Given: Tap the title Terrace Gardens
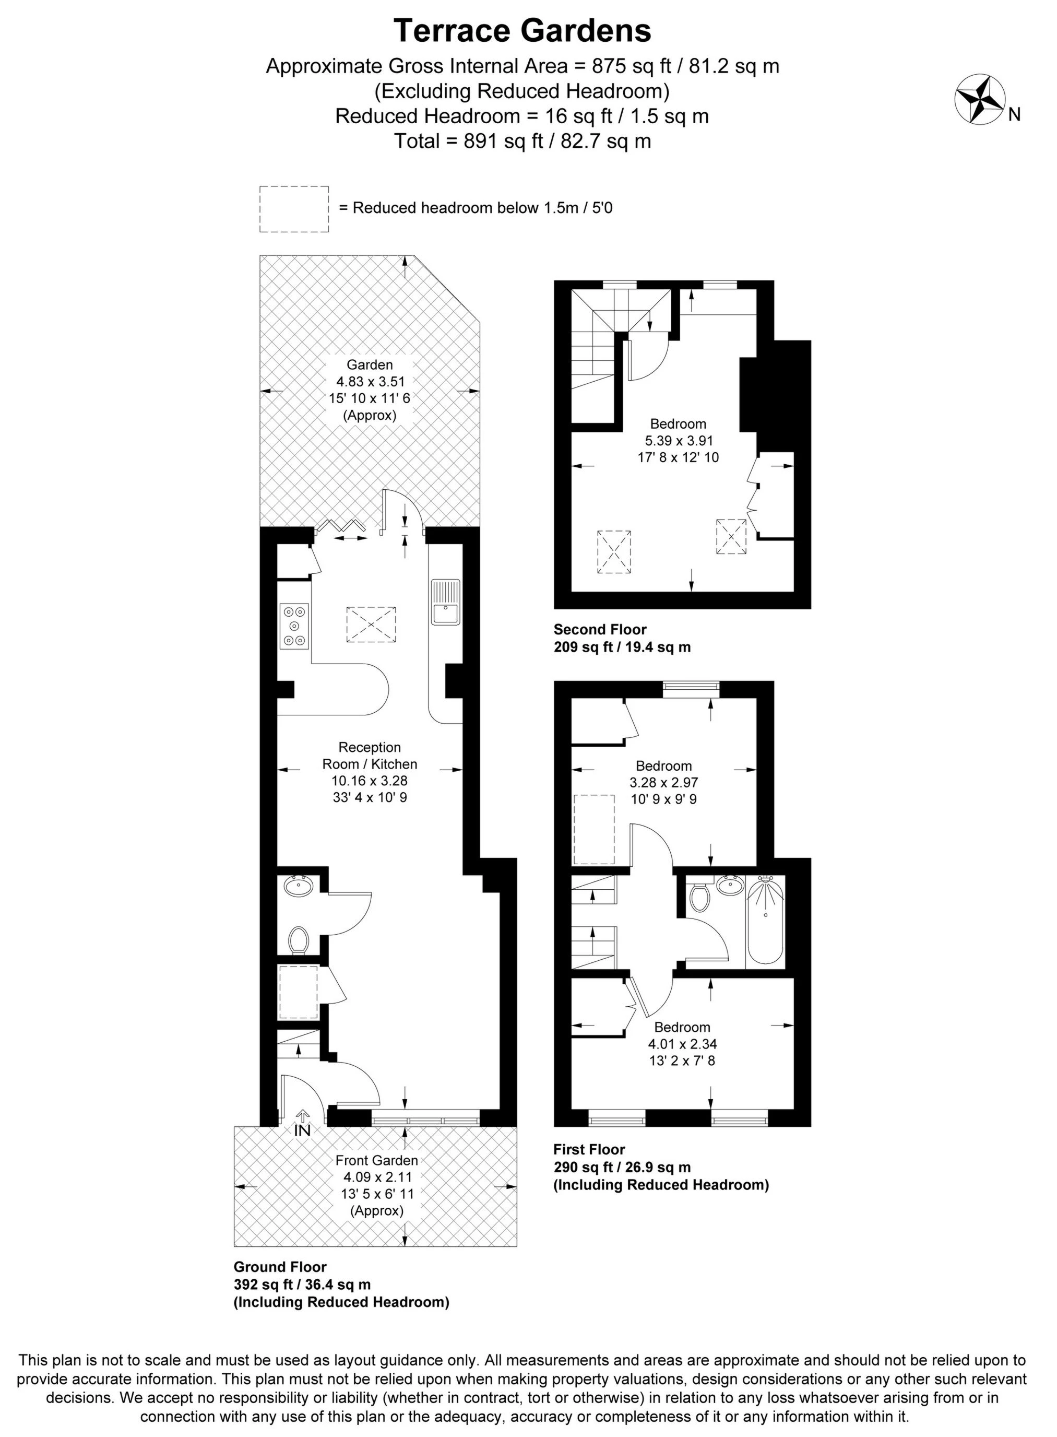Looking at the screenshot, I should coord(522,31).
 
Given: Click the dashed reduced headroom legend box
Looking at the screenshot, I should coord(294,209).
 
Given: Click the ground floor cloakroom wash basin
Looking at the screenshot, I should coord(298,887).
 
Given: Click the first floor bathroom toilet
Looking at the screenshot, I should coord(700,898).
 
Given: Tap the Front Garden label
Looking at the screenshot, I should coord(377,1160).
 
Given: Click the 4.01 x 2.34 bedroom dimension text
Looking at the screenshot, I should coord(682,1043).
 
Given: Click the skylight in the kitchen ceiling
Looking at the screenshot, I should coord(371,625).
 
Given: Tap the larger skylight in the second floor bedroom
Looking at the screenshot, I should coord(614,552).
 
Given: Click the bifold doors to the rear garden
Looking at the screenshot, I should coord(342,526).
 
